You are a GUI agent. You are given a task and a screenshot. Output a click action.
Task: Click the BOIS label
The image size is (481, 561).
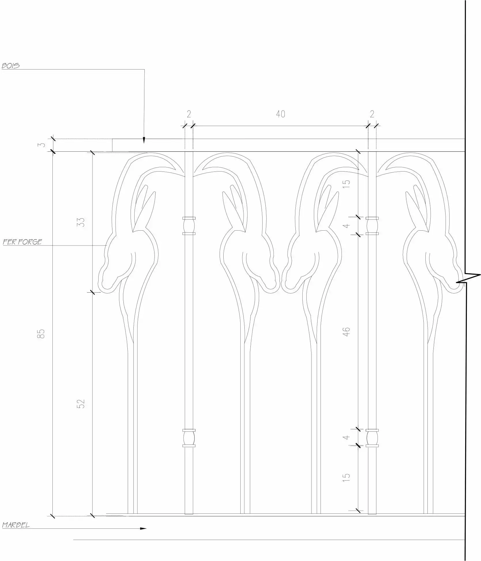11,66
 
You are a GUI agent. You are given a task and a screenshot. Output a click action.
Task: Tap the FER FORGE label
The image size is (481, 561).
22,242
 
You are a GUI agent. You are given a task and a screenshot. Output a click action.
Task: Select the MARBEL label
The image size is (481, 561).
16,525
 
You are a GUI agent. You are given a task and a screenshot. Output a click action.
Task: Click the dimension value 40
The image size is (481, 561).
280,114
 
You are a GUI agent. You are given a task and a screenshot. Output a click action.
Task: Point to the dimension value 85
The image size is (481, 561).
42,334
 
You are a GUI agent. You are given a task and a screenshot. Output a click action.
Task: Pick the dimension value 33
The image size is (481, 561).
82,222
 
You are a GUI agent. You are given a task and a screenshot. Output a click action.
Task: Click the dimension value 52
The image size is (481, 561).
82,404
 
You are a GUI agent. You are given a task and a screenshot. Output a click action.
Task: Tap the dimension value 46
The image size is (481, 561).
346,332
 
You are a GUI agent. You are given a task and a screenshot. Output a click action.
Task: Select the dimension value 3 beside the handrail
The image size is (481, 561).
42,144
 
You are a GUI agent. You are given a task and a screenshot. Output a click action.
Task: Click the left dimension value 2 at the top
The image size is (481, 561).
189,114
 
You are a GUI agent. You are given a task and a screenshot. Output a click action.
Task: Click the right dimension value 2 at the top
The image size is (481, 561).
372,114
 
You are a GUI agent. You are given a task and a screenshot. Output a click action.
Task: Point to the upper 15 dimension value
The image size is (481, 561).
346,184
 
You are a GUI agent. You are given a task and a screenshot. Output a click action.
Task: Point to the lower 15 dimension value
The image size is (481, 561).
346,476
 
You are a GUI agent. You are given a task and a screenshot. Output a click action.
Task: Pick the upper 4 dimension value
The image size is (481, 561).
347,225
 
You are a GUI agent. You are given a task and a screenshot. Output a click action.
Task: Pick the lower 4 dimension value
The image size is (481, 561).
347,437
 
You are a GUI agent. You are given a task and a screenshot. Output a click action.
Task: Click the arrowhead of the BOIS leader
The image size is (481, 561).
144,141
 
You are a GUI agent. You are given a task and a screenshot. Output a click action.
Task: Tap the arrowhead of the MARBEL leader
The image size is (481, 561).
143,528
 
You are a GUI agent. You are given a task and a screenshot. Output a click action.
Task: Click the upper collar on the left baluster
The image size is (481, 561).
189,226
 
